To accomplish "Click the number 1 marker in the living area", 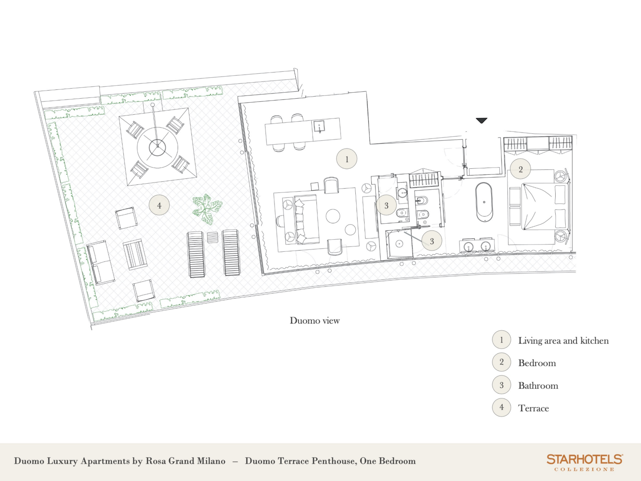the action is (347, 159).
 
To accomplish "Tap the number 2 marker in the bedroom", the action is (520, 169).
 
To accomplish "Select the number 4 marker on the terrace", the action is (159, 205).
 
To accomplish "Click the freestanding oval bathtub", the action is (484, 202).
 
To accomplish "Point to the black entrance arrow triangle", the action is (481, 120).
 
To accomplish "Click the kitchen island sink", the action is (320, 126).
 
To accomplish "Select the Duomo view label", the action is (314, 321).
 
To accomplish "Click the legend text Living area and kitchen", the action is (563, 341).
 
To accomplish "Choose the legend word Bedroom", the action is (537, 363).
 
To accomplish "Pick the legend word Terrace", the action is (534, 408).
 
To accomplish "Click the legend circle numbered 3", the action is (502, 385).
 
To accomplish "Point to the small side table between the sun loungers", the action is (212, 237).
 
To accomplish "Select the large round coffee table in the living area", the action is (333, 216).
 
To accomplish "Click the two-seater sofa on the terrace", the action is (101, 263).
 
